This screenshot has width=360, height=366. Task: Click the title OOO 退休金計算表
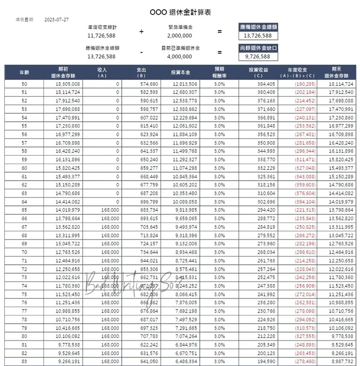click(180, 12)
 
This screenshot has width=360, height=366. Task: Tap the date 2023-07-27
click(56, 20)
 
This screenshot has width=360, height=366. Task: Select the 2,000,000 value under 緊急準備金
click(180, 36)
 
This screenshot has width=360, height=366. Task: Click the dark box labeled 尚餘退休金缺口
click(259, 48)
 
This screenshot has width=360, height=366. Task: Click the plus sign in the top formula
click(142, 31)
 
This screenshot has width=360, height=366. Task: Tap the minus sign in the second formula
click(142, 52)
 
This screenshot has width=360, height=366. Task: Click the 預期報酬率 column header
click(219, 72)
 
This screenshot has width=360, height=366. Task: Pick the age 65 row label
click(24, 209)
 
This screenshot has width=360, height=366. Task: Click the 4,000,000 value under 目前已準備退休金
click(180, 56)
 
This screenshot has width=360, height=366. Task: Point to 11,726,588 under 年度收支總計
click(102, 36)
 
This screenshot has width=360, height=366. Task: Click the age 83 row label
click(24, 362)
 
